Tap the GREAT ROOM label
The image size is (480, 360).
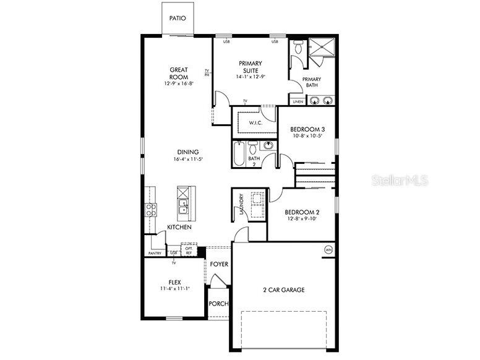click(179, 74)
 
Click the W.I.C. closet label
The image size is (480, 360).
click(256, 123)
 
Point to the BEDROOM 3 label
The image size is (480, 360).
click(307, 129)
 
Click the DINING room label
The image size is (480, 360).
click(188, 152)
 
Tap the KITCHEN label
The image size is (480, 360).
click(179, 228)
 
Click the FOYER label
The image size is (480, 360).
click(219, 264)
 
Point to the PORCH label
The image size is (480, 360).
click(218, 304)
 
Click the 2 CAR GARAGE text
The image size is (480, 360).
click(284, 289)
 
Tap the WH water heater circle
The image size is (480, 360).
click(328, 250)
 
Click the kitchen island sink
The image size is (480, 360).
click(183, 207)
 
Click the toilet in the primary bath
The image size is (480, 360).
click(298, 48)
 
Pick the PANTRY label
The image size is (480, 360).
click(155, 253)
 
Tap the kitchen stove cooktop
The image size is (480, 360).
click(151, 210)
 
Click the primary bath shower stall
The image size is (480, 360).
click(322, 48)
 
